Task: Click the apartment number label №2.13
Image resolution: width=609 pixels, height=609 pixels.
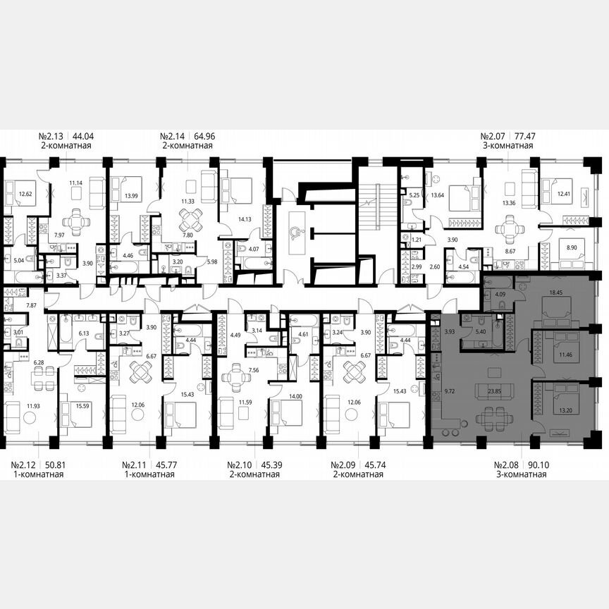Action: point(51,137)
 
